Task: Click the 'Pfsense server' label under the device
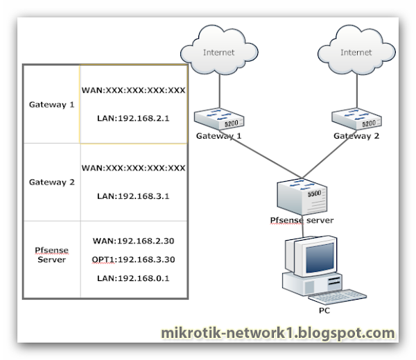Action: pos(302,221)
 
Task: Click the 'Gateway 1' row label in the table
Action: pos(52,105)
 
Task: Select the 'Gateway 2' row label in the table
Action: pos(52,182)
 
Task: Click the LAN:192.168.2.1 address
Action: pos(133,119)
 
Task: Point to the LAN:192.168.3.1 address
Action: pos(133,196)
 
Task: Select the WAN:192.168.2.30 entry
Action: pos(133,241)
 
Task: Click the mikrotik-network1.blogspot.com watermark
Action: pos(278,334)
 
